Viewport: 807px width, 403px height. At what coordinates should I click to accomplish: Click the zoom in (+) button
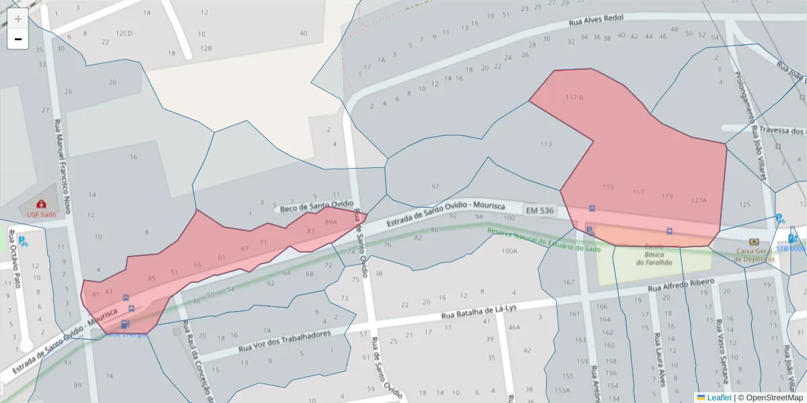(x=17, y=18)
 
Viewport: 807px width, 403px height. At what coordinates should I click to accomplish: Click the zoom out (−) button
(x=17, y=39)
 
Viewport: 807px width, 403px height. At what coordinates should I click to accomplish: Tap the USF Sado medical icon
(x=41, y=204)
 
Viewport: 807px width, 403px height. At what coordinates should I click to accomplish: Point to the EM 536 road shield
(x=539, y=210)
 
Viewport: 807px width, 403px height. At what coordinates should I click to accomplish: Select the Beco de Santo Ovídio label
(x=316, y=206)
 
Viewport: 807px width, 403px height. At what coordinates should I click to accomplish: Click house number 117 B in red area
(x=574, y=97)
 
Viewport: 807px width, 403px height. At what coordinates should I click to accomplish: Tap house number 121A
(x=699, y=200)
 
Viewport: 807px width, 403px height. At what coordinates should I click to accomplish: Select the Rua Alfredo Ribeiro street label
(x=680, y=285)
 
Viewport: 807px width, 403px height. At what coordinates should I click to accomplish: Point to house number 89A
(x=330, y=221)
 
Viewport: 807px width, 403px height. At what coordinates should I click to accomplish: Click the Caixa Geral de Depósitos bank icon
(x=754, y=242)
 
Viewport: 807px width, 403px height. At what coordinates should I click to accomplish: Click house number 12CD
(x=124, y=33)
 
